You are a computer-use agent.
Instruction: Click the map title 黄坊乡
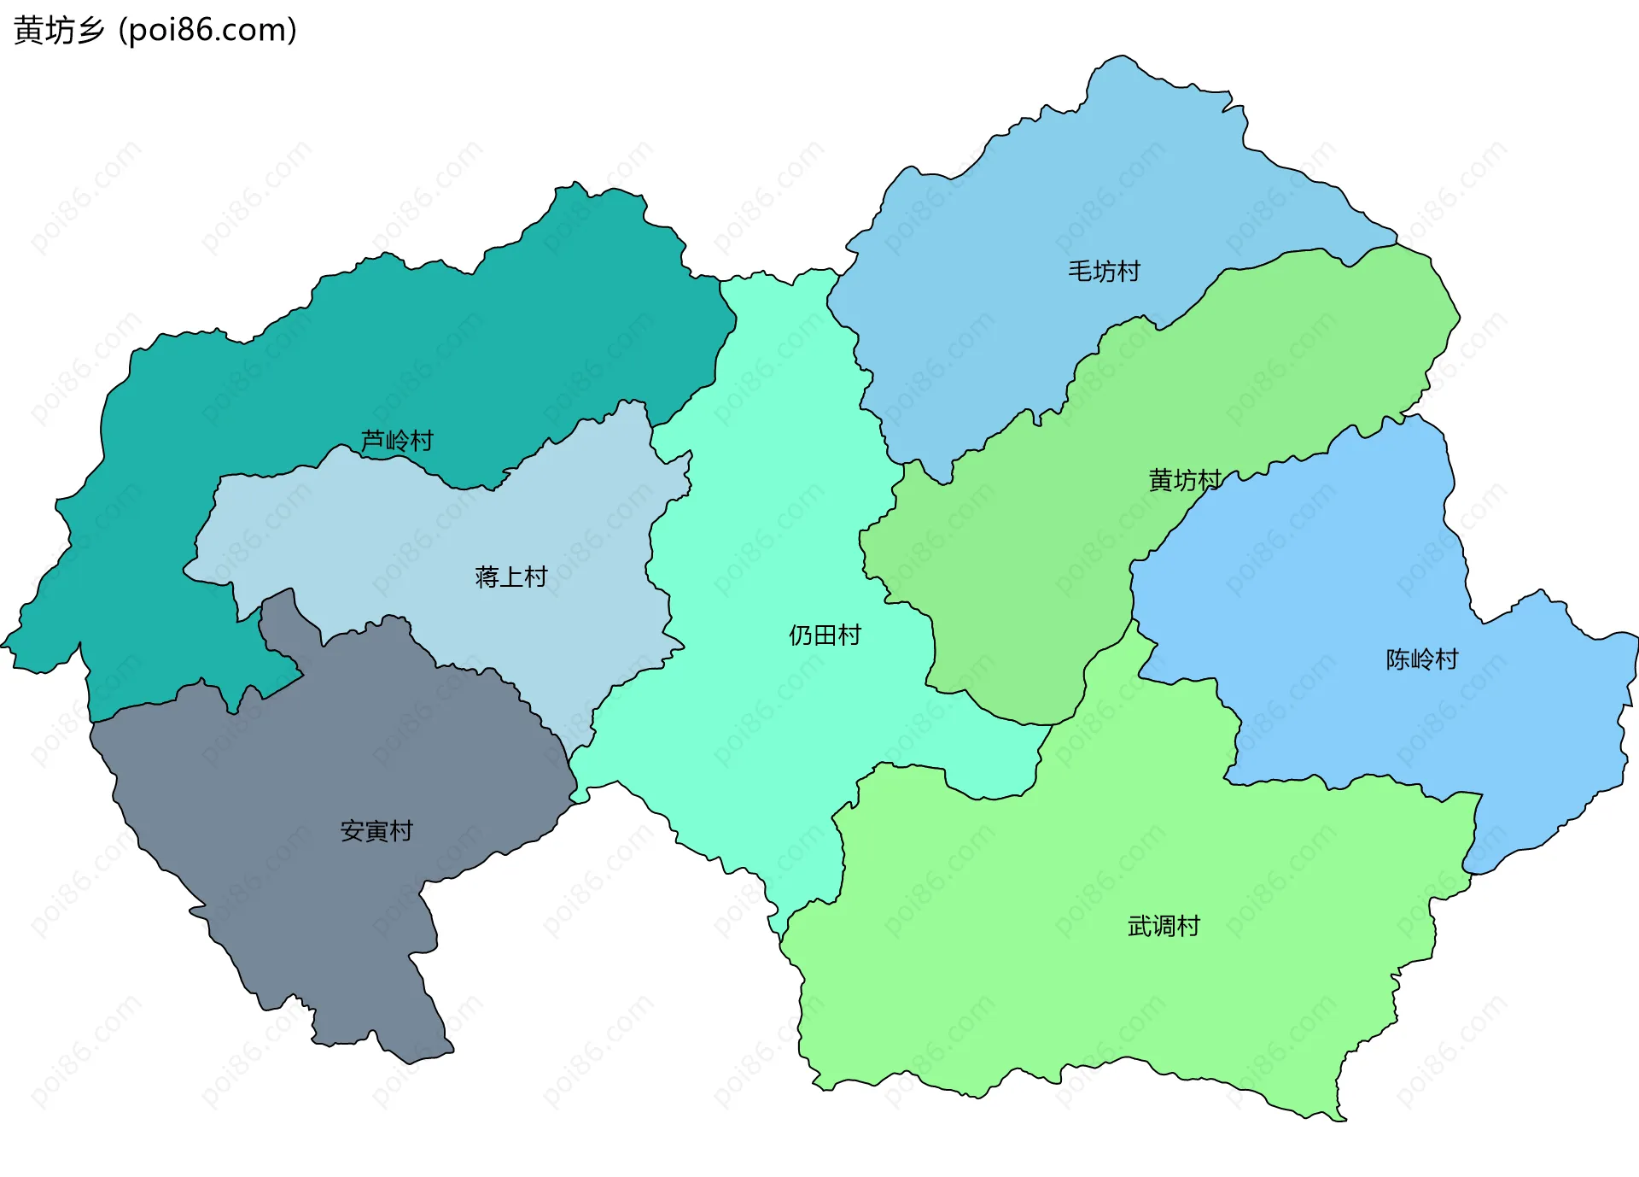tap(59, 31)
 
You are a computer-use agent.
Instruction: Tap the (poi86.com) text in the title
tap(207, 31)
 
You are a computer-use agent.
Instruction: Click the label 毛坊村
tap(1104, 272)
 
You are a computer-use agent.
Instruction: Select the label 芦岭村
tap(397, 441)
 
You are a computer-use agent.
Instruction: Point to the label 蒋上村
tap(510, 577)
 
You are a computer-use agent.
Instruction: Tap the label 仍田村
tap(825, 635)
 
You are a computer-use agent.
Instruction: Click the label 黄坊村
tap(1185, 481)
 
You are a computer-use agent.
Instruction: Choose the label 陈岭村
tap(1422, 659)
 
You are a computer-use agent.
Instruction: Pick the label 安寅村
tap(376, 831)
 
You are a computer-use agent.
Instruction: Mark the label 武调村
tap(1164, 926)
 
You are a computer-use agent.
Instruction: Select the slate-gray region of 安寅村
tap(341, 752)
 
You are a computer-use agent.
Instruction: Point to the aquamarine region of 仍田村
tap(768, 512)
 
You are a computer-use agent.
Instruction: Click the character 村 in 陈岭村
tap(1447, 659)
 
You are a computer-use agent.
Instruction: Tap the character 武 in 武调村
tap(1140, 926)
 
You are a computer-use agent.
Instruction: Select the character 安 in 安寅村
tap(353, 831)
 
